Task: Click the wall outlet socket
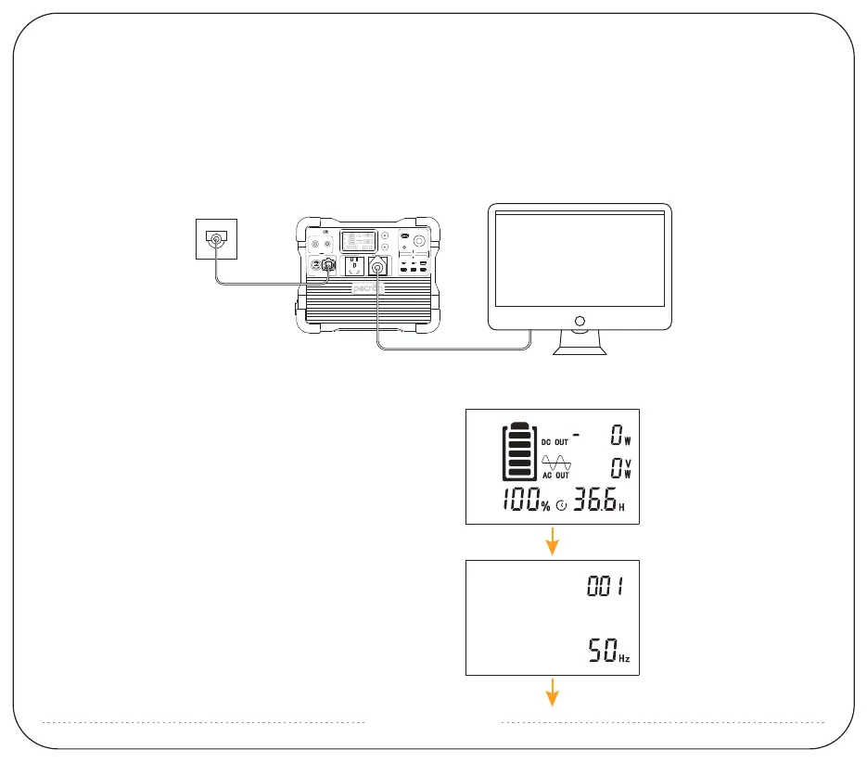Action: [x=216, y=239]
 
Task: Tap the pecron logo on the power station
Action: [x=368, y=288]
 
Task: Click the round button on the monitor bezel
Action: [x=580, y=321]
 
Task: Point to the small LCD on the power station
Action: [x=356, y=242]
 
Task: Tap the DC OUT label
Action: [x=555, y=442]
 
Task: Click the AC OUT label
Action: [x=555, y=475]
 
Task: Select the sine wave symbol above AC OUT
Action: [x=556, y=461]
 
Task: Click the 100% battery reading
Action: [x=525, y=503]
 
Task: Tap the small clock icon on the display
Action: [x=561, y=507]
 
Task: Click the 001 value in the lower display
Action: [x=606, y=587]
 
